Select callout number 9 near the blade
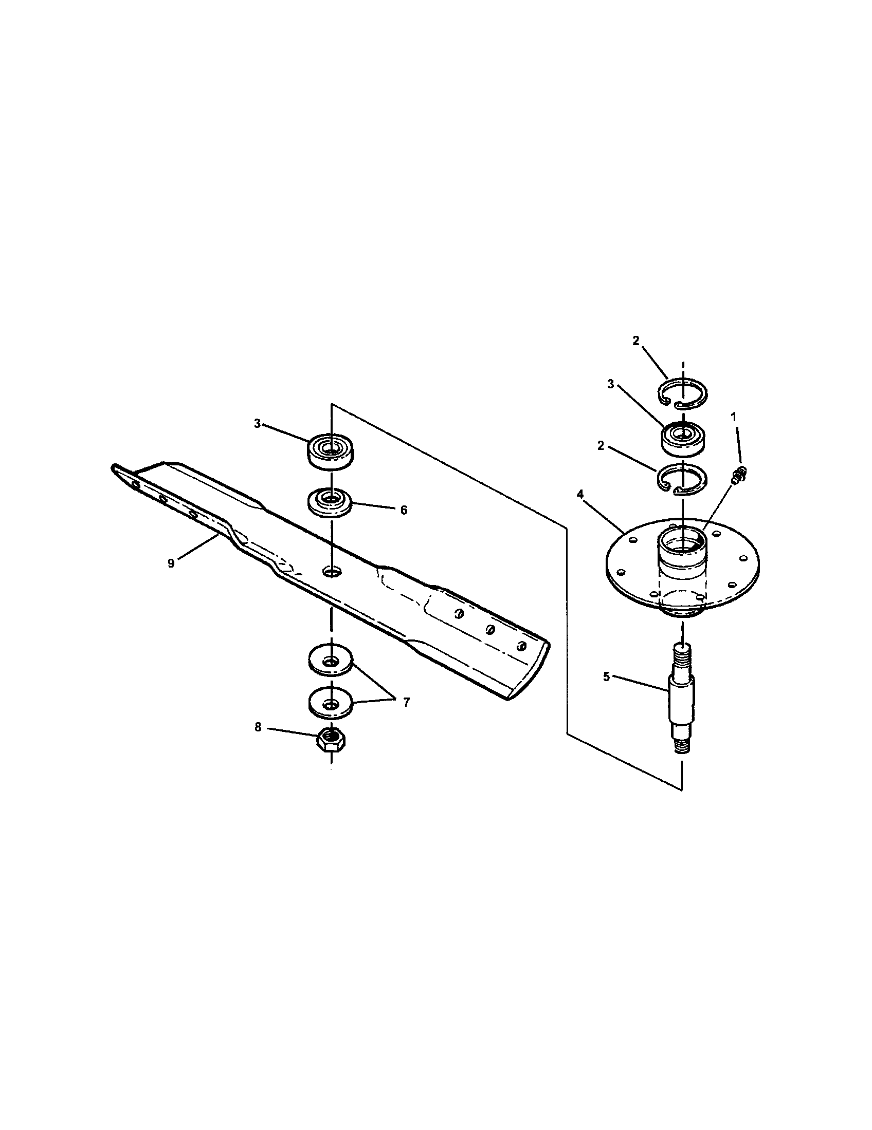point(171,563)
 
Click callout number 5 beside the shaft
point(606,676)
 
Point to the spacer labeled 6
point(330,501)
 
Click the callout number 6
point(404,510)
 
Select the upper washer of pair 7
point(330,663)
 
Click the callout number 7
point(406,702)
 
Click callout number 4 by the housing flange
point(580,495)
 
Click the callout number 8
point(258,727)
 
